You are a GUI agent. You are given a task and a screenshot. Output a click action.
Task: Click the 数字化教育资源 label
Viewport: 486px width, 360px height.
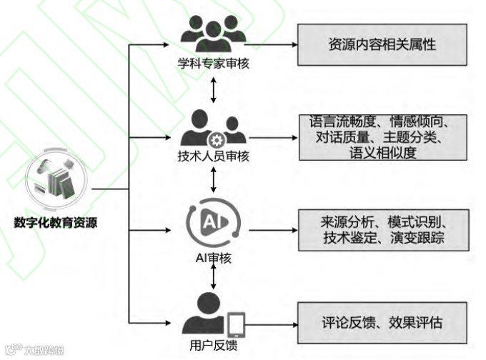click(56, 222)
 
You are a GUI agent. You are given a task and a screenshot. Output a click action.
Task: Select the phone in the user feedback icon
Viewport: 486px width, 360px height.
click(236, 324)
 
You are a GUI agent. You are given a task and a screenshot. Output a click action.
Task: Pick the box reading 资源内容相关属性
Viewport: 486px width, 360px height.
click(382, 44)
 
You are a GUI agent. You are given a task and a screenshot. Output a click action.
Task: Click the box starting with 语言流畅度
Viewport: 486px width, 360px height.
click(383, 136)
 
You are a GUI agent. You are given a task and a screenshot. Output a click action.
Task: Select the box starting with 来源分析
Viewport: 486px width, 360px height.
click(383, 230)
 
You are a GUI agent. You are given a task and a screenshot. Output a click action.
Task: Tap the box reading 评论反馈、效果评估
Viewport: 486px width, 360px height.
click(382, 322)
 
